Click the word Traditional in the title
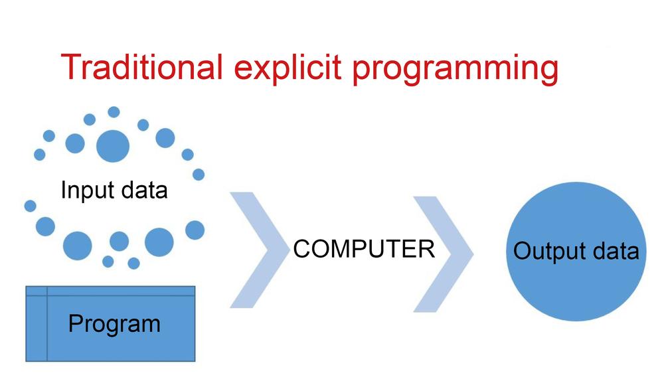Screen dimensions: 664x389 coord(141,67)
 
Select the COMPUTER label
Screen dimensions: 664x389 coord(364,248)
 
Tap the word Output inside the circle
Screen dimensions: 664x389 coord(547,252)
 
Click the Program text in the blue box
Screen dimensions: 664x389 coord(114,325)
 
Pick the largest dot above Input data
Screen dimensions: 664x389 coord(113,146)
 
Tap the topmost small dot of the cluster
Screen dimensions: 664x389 coord(114,112)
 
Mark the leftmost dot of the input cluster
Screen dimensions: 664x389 coord(30,206)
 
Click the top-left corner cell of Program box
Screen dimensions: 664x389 coord(37,291)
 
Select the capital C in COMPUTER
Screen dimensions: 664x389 coord(303,248)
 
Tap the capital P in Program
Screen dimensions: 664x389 coord(76,323)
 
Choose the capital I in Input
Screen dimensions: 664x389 coord(63,189)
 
